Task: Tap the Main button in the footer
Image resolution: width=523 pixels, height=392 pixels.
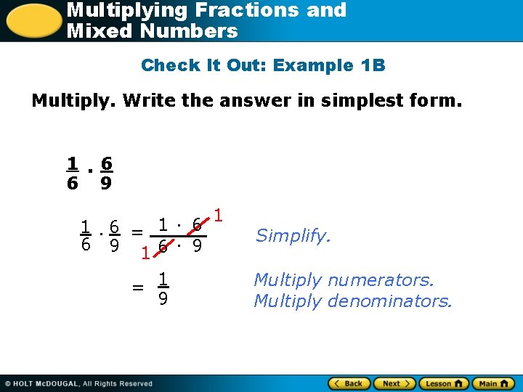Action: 492,383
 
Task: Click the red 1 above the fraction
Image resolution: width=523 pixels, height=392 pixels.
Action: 219,216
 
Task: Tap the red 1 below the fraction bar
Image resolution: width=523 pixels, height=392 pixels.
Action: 146,253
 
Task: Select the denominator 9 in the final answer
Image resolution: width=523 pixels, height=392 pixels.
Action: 164,298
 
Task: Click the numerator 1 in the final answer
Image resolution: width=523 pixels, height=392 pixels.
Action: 164,278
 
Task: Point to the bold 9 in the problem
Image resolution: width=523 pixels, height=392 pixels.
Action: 106,184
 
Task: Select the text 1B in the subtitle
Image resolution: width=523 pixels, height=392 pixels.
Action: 373,65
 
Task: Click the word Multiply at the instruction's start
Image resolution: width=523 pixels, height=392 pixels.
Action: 73,100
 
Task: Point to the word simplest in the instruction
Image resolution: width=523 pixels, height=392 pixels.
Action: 325,100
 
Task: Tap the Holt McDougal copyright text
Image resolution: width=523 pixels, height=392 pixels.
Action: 80,383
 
